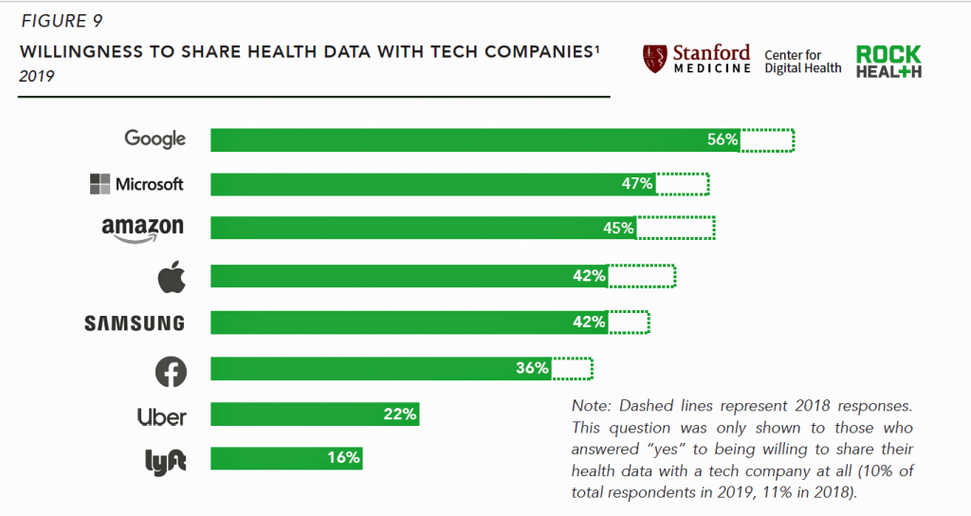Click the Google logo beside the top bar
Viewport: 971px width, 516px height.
pos(156,138)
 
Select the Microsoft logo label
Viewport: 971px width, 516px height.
pos(137,184)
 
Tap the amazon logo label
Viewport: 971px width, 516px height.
pos(142,229)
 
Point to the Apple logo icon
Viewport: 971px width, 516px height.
pos(171,277)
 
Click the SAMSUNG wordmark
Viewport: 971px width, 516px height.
pos(135,323)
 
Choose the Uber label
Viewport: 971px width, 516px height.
pos(162,416)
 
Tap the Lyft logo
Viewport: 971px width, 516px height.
pos(165,461)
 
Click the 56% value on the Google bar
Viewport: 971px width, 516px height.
pos(722,139)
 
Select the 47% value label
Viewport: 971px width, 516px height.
pos(637,184)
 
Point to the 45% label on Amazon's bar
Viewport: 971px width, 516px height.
pos(618,229)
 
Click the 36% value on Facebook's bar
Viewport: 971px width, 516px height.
pos(532,368)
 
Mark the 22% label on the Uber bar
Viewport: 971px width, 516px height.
pos(400,414)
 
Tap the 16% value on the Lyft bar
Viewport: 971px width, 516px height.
pos(344,458)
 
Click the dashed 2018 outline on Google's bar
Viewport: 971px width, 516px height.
pos(767,139)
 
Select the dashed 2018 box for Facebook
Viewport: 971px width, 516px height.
pos(572,368)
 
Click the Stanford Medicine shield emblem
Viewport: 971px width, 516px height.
pos(654,59)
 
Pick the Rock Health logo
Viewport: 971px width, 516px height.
pos(888,62)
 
